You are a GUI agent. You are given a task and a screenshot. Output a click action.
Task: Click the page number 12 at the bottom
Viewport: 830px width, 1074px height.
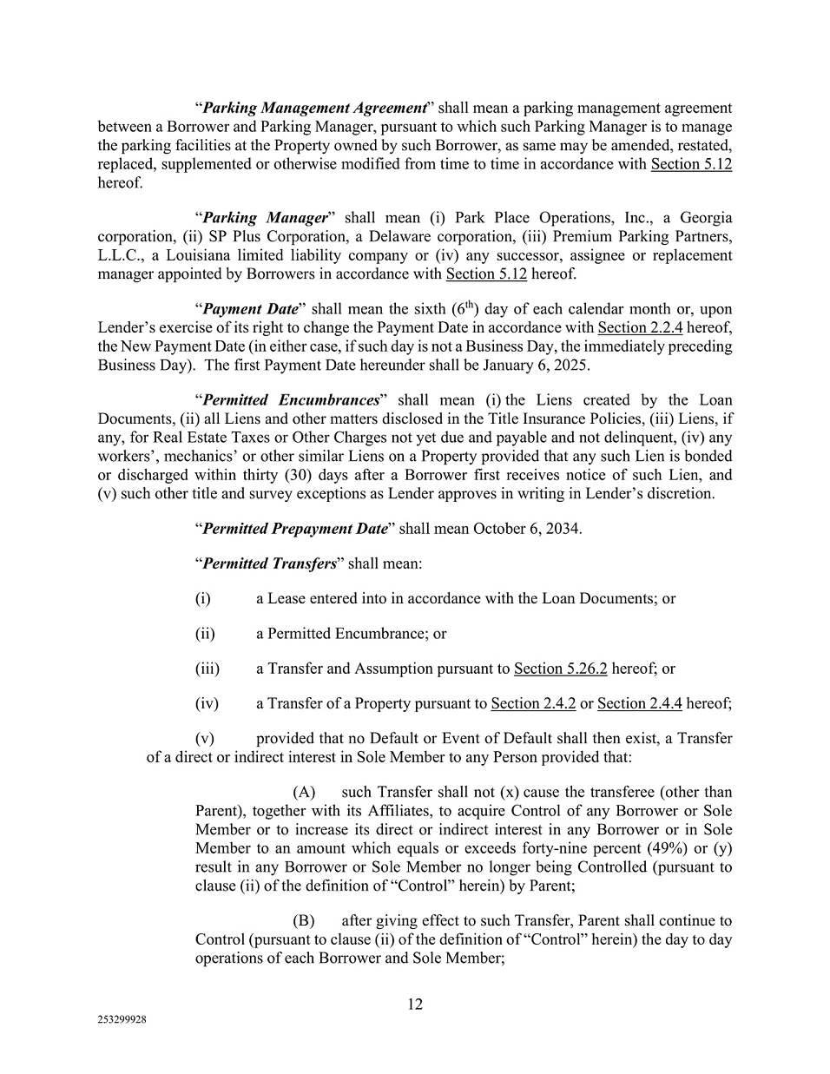pos(415,1005)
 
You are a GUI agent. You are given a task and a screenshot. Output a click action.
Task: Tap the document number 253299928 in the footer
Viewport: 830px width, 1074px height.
pos(122,1021)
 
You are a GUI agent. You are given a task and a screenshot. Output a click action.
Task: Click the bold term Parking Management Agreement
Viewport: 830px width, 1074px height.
pos(313,109)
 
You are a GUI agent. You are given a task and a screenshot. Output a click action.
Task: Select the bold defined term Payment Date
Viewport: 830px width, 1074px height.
pos(249,309)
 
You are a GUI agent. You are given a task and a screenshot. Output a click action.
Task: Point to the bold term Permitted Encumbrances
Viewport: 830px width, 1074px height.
pos(290,400)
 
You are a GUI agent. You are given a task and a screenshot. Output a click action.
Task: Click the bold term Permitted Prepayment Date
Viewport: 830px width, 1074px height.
pos(294,529)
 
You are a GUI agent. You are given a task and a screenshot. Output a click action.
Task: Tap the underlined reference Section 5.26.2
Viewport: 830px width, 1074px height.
pos(560,669)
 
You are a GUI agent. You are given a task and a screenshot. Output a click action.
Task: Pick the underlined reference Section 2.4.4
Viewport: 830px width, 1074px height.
pos(640,703)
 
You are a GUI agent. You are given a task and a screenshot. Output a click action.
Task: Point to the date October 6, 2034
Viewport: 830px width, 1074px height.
pos(527,529)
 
